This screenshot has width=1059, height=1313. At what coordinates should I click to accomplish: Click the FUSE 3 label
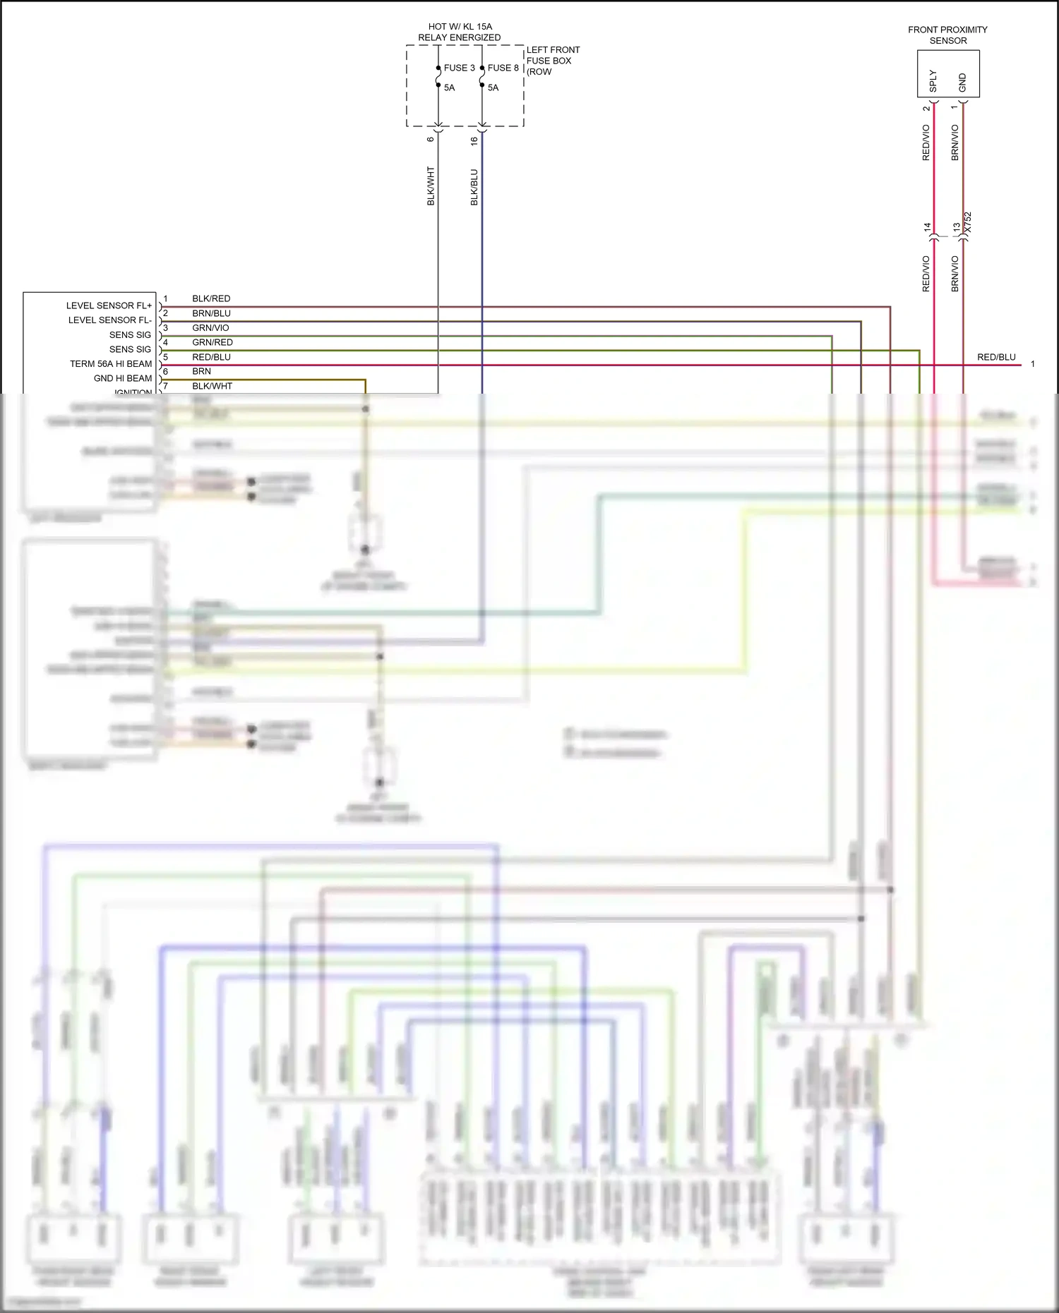(x=459, y=68)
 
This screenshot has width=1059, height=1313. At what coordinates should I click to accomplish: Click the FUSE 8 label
(x=503, y=68)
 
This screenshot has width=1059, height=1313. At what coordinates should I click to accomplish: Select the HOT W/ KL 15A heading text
(x=460, y=27)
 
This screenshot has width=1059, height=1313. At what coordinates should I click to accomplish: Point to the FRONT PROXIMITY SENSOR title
(x=947, y=35)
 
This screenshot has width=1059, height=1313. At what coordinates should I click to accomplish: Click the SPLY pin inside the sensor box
(x=933, y=80)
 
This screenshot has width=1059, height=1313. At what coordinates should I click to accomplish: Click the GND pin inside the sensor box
(x=962, y=83)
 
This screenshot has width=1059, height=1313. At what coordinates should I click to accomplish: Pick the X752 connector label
(x=968, y=222)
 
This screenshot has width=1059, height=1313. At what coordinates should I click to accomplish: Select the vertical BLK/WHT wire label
(x=431, y=186)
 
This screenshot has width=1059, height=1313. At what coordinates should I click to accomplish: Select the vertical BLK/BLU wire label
(x=474, y=187)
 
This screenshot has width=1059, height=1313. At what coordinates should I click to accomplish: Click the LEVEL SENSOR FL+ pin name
(x=109, y=305)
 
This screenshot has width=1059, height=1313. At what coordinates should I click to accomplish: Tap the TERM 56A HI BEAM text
(x=111, y=364)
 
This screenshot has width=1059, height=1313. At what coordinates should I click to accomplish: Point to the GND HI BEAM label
(x=123, y=378)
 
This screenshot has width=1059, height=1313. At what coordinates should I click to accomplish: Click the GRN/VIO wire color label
(x=210, y=328)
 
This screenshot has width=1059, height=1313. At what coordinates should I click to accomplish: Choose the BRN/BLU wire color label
(x=211, y=313)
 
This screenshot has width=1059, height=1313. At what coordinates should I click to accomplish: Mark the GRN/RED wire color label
(x=213, y=342)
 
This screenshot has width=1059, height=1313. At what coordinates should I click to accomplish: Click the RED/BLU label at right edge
(x=996, y=357)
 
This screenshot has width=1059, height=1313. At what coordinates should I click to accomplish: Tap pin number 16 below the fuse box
(x=474, y=140)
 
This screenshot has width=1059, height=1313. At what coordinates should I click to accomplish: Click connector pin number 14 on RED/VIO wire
(x=928, y=227)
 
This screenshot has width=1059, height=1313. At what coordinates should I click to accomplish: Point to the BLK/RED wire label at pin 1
(x=211, y=298)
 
